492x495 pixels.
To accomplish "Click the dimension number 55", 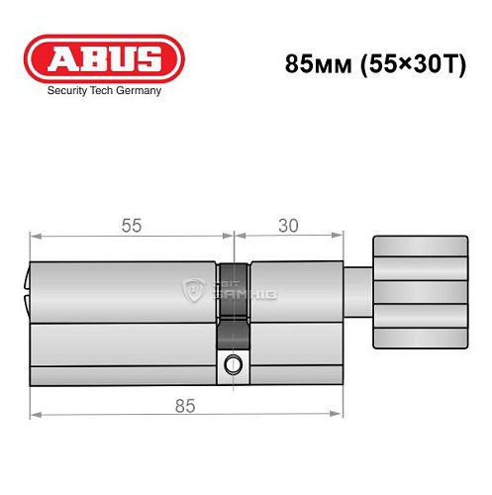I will pyautogui.click(x=132, y=226).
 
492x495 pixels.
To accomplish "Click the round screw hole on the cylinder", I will pyautogui.click(x=234, y=363).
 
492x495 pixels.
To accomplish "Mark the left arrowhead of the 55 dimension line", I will pyautogui.click(x=34, y=237).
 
